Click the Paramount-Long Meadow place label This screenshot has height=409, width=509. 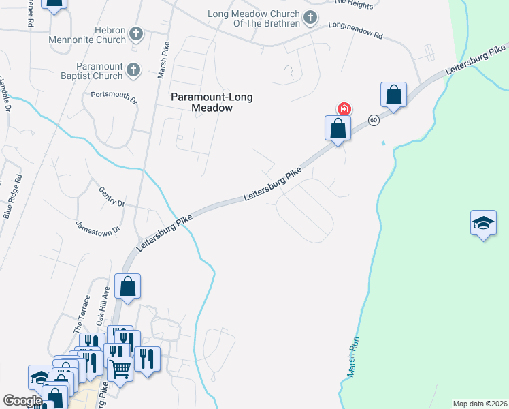(x=212, y=102)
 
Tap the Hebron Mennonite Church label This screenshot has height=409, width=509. (x=87, y=34)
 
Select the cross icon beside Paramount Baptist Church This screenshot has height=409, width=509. (x=133, y=69)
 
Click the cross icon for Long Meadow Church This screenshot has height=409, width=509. (x=310, y=18)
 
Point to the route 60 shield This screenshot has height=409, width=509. (x=374, y=120)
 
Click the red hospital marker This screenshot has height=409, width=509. (x=344, y=109)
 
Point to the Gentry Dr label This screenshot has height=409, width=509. (x=112, y=198)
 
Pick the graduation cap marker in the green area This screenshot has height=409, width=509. (x=483, y=223)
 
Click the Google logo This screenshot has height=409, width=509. (x=22, y=401)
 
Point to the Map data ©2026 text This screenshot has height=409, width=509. (x=480, y=404)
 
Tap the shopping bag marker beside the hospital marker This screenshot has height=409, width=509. (x=337, y=127)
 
